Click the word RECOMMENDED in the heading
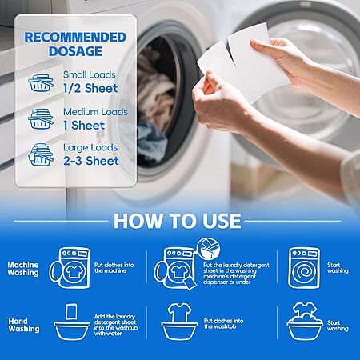(75, 38)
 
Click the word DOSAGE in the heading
(75, 51)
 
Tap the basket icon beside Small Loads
(41, 82)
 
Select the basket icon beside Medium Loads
(41, 119)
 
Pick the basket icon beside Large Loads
(41, 155)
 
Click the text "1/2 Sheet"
(90, 88)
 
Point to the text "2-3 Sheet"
(91, 161)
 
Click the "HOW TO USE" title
(178, 221)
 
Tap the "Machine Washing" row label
(23, 269)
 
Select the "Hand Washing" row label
(24, 325)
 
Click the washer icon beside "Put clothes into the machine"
(70, 268)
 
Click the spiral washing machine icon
(304, 268)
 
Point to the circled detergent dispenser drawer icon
(209, 249)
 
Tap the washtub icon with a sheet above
(72, 322)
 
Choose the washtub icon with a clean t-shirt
(179, 322)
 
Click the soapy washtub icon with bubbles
(305, 322)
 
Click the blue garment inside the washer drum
(152, 142)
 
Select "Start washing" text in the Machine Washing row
(338, 268)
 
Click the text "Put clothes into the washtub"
(224, 324)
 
